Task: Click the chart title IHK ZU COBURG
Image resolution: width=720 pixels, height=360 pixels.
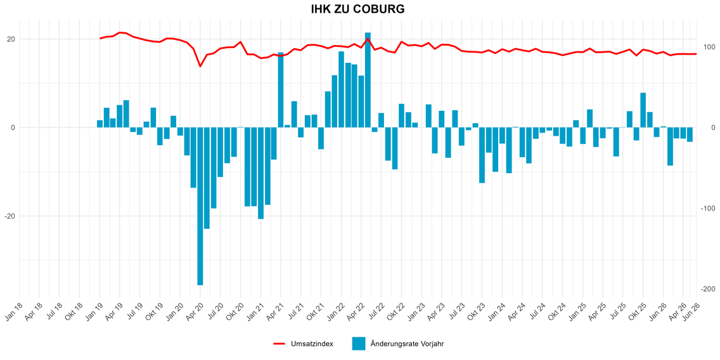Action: pos(357,9)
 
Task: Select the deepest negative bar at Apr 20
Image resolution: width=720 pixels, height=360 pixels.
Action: pos(200,206)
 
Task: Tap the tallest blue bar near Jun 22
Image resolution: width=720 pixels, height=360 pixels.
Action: pos(368,80)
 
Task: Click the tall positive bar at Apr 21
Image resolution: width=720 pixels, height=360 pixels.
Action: pos(281,90)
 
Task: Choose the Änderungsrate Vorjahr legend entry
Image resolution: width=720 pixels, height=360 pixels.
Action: pos(397,344)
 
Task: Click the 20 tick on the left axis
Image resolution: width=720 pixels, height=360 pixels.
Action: pos(11,39)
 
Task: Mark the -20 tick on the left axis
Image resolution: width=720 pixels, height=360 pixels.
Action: pos(10,216)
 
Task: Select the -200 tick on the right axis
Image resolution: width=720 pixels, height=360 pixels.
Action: pos(707,288)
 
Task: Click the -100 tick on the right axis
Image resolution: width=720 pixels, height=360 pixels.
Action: pos(707,208)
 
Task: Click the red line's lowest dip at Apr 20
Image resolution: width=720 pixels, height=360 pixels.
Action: pos(200,66)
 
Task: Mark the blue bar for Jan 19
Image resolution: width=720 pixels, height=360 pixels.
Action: pos(100,124)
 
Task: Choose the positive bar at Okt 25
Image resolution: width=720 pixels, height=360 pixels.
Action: pos(643,110)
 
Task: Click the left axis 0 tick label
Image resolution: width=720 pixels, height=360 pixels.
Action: pos(13,127)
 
